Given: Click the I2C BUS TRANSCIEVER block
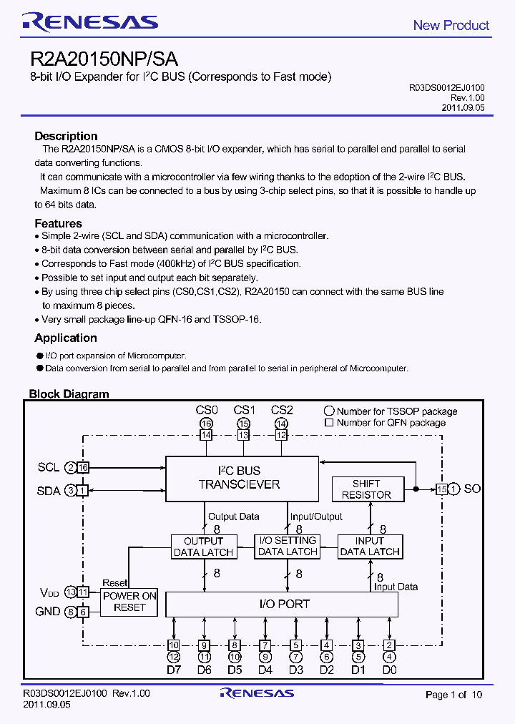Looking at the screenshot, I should (x=242, y=478).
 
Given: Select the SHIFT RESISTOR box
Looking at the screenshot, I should (x=366, y=489).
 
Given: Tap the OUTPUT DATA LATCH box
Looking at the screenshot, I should (x=204, y=547).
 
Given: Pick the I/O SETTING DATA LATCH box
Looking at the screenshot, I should (x=288, y=546).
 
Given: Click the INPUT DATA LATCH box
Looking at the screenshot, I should (x=370, y=547).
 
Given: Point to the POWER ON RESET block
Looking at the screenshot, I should (x=129, y=602).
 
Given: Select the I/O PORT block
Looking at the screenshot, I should (x=282, y=604).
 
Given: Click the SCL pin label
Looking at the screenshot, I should (x=49, y=467).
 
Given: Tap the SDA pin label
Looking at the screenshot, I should (x=49, y=490).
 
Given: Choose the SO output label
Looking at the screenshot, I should (x=473, y=489).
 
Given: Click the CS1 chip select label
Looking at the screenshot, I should (x=244, y=410).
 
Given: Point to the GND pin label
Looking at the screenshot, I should (x=48, y=612).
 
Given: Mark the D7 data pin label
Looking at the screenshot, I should (x=174, y=670).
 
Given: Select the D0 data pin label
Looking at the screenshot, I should (x=388, y=670).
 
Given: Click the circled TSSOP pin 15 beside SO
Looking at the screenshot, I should (x=455, y=489).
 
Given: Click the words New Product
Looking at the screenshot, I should (x=451, y=25).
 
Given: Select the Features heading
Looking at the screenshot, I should (x=58, y=223).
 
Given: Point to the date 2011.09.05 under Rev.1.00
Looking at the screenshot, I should (x=463, y=107).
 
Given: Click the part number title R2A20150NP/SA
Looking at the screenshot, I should (x=104, y=59).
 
